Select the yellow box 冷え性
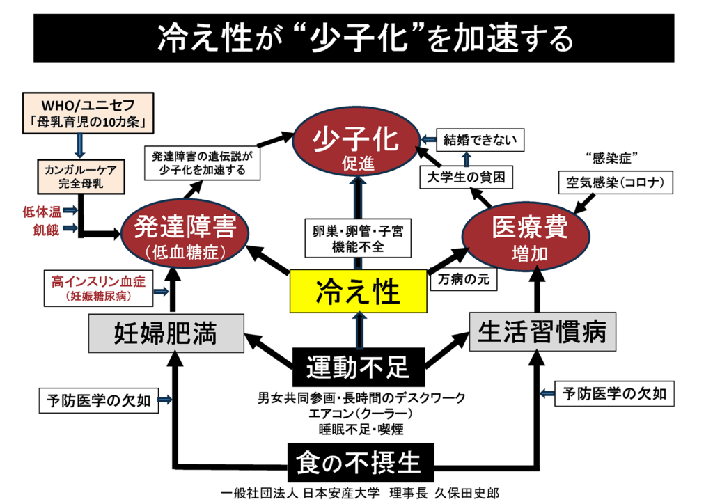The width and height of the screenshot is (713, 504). pos(358,291)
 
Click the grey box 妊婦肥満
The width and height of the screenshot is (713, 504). pos(166,333)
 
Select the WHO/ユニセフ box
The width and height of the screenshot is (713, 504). pos(82,113)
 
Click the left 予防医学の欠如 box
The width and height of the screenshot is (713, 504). pos(97,400)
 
